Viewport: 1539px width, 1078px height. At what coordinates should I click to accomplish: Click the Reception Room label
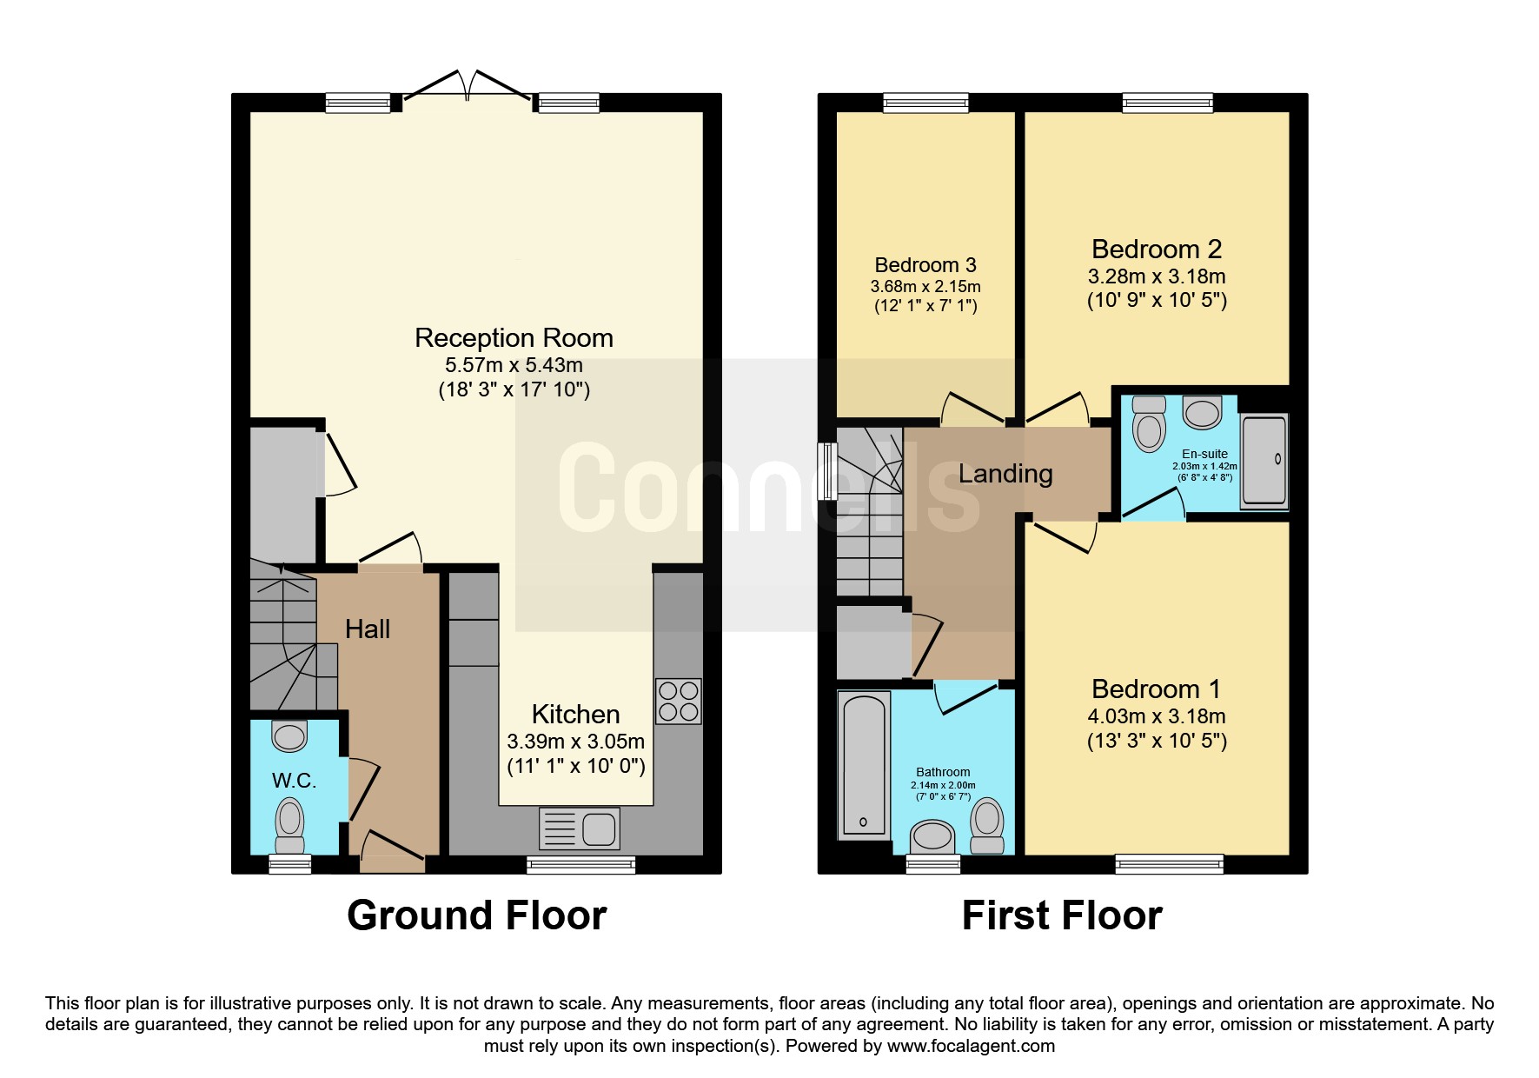point(514,337)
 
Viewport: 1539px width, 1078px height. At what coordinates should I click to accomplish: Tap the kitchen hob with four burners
point(678,702)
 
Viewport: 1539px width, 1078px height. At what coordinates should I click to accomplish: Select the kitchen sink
point(580,828)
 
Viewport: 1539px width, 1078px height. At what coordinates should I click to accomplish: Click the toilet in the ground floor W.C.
point(289,827)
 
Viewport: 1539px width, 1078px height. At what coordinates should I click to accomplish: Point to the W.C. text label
point(294,781)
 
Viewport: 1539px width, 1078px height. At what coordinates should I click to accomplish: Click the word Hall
point(368,629)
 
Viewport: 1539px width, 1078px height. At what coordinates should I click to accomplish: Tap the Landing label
point(1005,474)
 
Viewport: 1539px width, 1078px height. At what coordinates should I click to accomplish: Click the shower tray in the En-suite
point(1264,461)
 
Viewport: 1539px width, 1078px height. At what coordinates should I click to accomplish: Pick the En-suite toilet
point(1150,423)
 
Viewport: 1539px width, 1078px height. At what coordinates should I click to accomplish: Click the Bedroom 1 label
point(1156,689)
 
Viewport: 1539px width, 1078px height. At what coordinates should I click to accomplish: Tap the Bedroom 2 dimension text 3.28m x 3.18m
point(1157,276)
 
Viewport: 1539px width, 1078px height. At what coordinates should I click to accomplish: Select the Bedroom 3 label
point(925,265)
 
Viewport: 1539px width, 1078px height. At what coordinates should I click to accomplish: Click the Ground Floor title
point(476,915)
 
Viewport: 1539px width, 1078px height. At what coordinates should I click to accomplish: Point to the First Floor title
point(1062,915)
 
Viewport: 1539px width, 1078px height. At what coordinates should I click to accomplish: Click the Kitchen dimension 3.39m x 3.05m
point(576,742)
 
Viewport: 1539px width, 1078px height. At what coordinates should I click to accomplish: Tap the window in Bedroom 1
point(1170,863)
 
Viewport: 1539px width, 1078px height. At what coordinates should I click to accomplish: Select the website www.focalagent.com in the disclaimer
point(971,1046)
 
